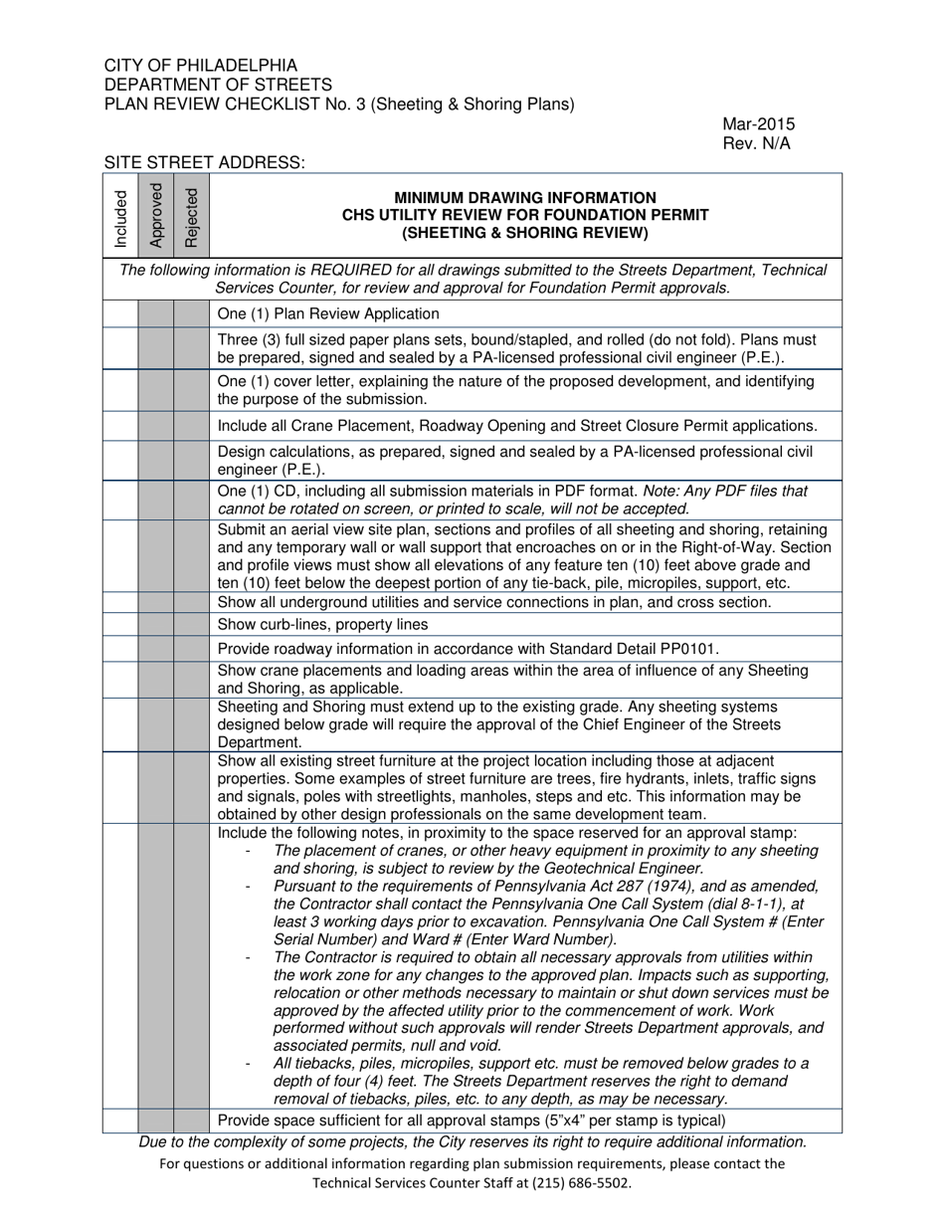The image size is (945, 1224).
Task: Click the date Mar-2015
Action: [x=758, y=124]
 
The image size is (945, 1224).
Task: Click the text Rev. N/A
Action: [x=756, y=143]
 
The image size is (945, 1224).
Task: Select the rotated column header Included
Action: [x=120, y=217]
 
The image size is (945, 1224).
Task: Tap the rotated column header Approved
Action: [x=155, y=216]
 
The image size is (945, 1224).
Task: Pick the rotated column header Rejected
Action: [x=191, y=217]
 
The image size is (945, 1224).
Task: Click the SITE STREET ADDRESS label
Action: [x=204, y=162]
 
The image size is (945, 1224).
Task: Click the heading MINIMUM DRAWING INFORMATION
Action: [x=525, y=198]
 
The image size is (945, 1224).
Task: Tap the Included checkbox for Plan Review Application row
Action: [x=120, y=314]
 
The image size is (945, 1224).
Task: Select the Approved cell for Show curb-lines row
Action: [x=155, y=625]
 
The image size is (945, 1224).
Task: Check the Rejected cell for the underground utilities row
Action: [x=191, y=603]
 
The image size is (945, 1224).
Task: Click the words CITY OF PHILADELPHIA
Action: [x=200, y=66]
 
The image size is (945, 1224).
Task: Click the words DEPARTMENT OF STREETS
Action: [x=218, y=85]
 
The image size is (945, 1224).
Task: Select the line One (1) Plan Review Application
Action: [x=328, y=314]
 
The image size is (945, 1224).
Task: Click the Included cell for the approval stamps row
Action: [x=120, y=1121]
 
